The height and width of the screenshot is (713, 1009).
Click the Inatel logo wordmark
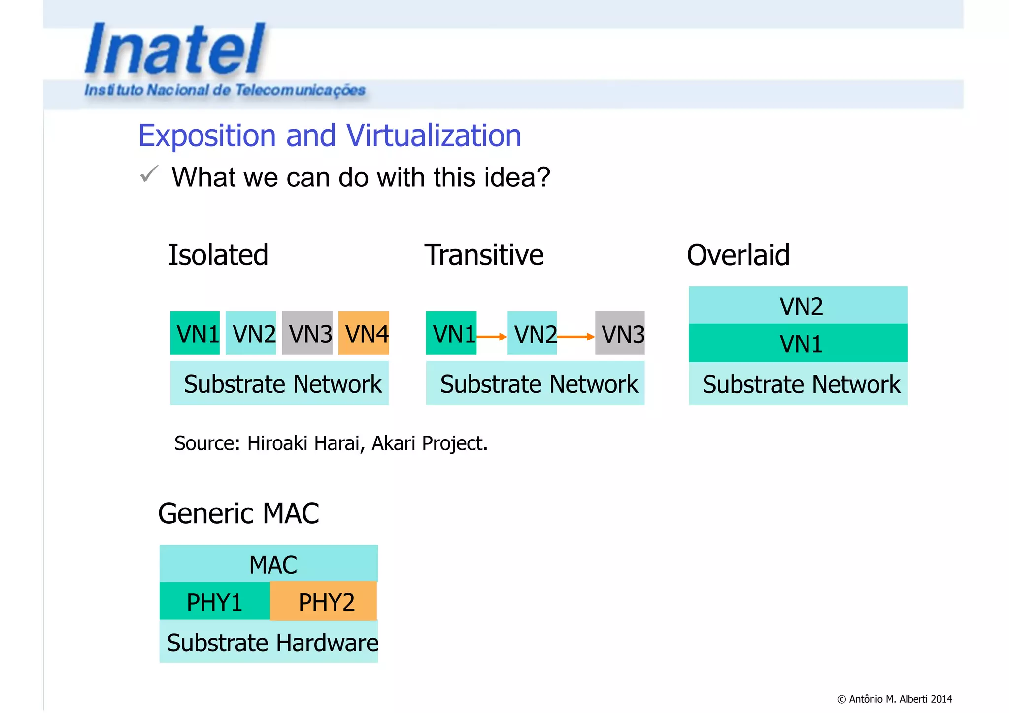175,49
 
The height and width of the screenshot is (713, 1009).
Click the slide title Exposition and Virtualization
329,136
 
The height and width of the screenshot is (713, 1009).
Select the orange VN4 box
364,333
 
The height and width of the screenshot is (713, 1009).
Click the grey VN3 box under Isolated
307,333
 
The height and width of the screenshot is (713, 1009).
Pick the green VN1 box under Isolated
195,333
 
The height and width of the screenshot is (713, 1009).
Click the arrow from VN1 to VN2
492,337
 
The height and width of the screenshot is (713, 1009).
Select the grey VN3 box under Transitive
620,333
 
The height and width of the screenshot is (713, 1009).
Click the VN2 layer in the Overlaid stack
798,306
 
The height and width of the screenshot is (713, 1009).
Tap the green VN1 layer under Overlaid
798,343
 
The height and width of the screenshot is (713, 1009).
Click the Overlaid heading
738,255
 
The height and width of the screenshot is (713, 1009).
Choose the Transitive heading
484,255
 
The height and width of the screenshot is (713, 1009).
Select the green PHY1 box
215,602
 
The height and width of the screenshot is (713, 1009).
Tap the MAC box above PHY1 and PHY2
269,564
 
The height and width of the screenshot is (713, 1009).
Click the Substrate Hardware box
269,642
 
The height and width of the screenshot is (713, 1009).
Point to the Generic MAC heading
238,513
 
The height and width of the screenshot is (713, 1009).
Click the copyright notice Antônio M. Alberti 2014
895,699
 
